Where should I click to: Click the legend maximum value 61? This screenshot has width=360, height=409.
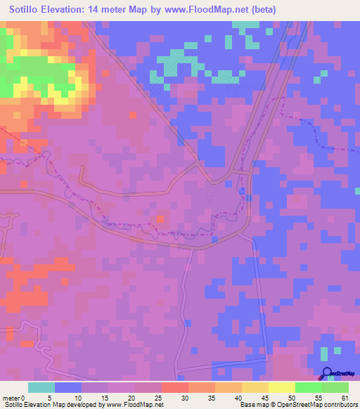[345, 398]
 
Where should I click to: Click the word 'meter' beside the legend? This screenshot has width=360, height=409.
[13, 398]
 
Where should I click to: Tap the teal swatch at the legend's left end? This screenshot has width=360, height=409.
[41, 387]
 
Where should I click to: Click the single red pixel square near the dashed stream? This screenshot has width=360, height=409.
[161, 220]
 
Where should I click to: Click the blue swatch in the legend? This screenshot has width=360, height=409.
[68, 387]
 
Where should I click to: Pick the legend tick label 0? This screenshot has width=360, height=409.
[24, 398]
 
